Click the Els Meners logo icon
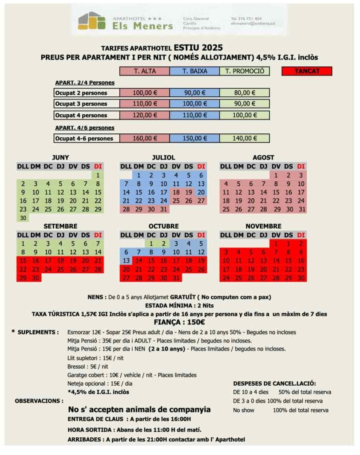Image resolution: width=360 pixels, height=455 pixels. (91, 20)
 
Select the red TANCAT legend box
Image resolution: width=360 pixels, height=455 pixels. (307, 71)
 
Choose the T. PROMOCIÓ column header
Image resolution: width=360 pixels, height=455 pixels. (244, 71)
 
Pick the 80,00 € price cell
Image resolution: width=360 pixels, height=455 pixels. (244, 93)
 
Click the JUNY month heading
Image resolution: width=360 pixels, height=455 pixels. (60, 157)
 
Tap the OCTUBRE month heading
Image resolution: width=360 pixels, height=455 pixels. (163, 226)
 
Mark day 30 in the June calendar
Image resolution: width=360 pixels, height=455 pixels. (23, 218)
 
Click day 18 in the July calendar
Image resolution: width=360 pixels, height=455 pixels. (176, 192)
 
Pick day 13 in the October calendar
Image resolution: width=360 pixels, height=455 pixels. (126, 260)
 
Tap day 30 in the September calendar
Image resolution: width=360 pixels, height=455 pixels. (36, 278)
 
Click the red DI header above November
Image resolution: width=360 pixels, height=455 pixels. (301, 235)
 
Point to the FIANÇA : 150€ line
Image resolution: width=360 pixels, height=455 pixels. (180, 322)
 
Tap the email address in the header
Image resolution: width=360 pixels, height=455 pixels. (253, 24)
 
